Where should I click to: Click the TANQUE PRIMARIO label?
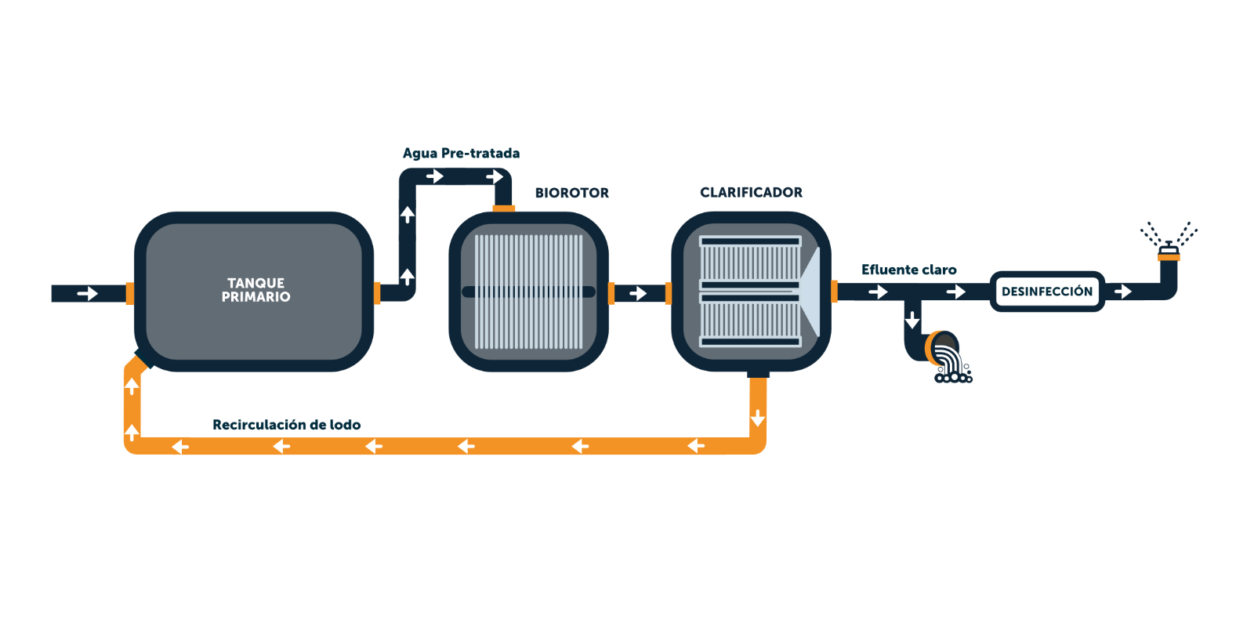(256, 290)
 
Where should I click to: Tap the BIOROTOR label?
(571, 193)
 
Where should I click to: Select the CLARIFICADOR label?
(751, 193)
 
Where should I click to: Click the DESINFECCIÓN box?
(1047, 291)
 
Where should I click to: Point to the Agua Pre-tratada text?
(461, 154)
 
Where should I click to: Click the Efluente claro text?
(908, 270)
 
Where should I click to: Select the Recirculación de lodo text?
(286, 425)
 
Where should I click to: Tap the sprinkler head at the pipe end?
(1169, 250)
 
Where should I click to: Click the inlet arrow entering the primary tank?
(87, 293)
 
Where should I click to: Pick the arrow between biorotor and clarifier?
(638, 293)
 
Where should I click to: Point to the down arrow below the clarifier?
(757, 419)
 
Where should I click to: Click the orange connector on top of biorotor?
(503, 208)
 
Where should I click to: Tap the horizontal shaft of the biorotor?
(528, 292)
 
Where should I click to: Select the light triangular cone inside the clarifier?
(810, 292)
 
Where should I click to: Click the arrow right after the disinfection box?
(1122, 292)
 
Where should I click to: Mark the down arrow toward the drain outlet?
(912, 320)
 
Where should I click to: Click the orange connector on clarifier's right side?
(834, 292)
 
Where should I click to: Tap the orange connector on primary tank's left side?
(130, 293)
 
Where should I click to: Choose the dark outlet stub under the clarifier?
(758, 373)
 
